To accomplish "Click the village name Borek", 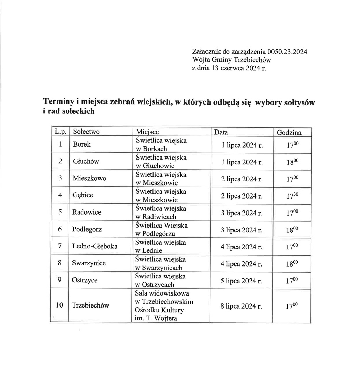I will click(82, 145).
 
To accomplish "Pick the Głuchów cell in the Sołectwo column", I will click(85, 161).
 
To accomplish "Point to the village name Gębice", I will click(83, 195).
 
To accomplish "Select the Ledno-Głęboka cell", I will click(95, 246).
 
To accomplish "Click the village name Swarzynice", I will click(89, 263).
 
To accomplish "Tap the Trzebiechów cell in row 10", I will click(91, 305).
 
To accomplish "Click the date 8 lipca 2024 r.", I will click(241, 306).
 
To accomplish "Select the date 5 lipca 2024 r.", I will click(241, 281).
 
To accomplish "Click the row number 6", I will click(60, 229).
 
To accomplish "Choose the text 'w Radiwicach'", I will click(156, 217).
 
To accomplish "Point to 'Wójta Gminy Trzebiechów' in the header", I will click(232, 60).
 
